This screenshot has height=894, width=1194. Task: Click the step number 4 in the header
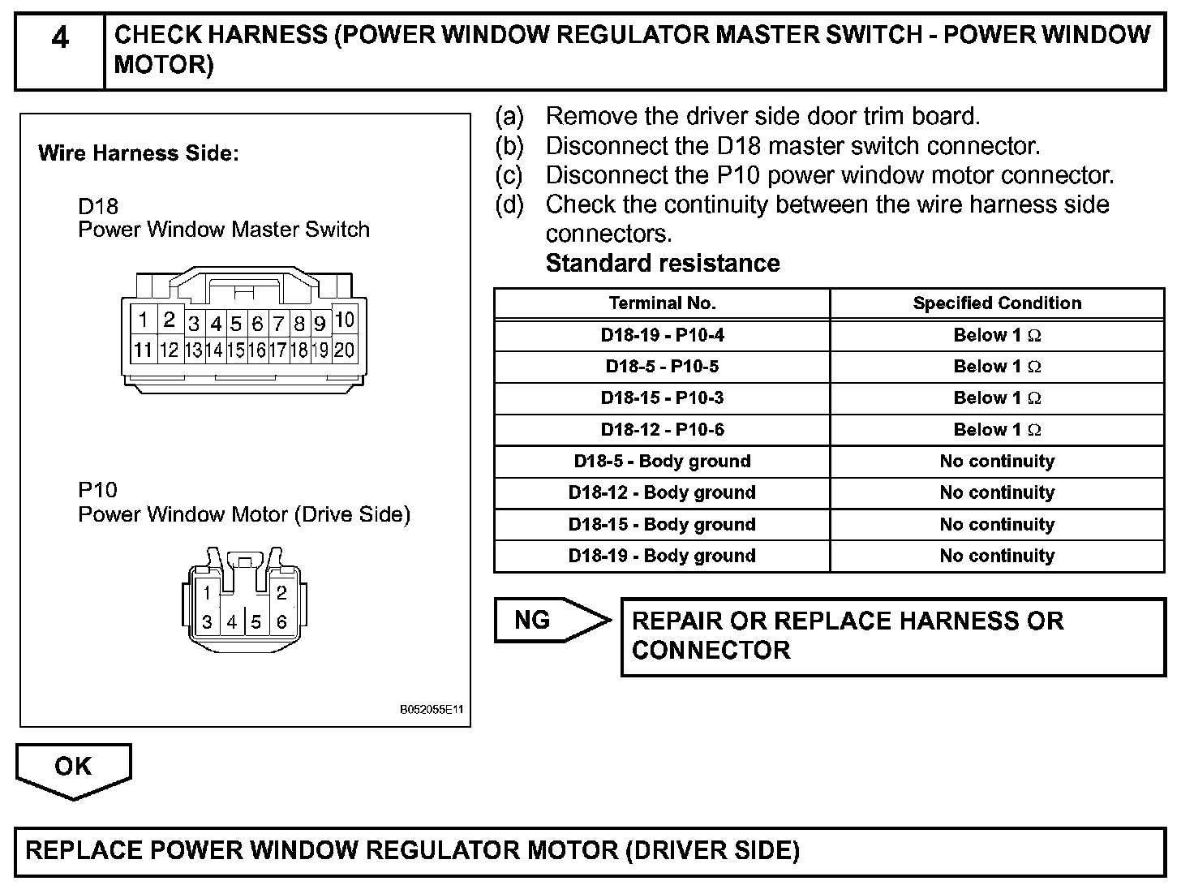click(60, 38)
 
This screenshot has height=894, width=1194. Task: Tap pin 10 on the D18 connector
click(344, 320)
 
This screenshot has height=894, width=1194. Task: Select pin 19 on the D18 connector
click(320, 350)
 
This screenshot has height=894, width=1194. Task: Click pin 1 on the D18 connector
click(143, 320)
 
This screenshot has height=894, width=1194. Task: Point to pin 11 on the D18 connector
click(143, 350)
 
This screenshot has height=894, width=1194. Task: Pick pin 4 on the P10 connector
click(232, 622)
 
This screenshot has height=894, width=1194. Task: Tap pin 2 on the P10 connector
click(281, 592)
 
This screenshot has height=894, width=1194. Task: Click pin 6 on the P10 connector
click(281, 622)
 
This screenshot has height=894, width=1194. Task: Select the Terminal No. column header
click(662, 303)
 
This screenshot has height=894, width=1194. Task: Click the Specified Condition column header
click(997, 303)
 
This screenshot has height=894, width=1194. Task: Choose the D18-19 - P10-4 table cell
click(662, 335)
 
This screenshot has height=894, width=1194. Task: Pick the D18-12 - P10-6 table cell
click(662, 430)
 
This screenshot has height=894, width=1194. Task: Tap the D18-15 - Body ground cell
click(662, 525)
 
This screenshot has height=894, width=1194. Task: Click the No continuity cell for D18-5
click(997, 462)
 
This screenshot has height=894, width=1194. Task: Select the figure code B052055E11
click(431, 709)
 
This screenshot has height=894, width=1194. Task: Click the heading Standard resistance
click(663, 264)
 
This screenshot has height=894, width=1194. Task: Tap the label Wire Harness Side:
click(139, 153)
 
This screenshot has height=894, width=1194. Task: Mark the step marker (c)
click(509, 175)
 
